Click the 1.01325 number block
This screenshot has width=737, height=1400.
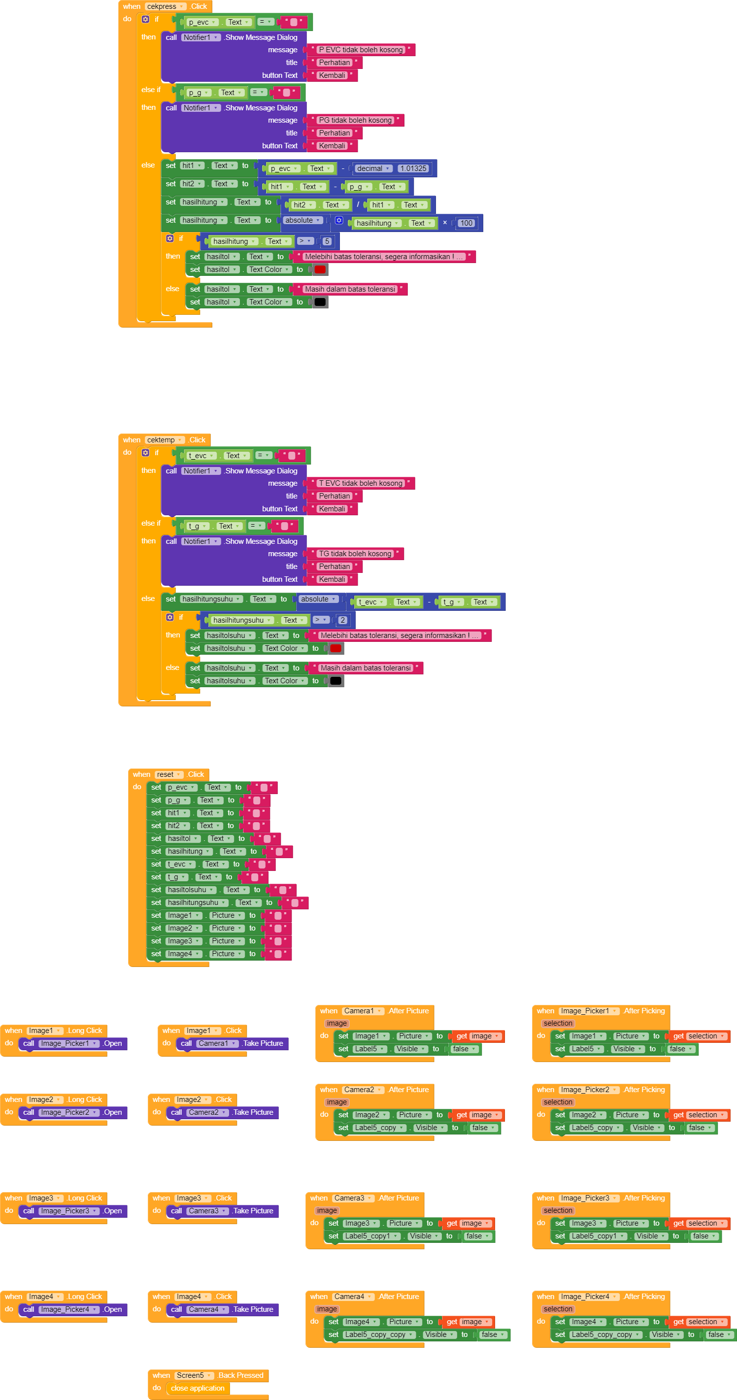[x=413, y=168]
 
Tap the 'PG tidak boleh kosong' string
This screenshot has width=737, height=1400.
[x=356, y=120]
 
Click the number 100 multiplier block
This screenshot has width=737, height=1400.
[x=466, y=223]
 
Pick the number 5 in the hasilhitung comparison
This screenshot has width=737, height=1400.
[x=327, y=241]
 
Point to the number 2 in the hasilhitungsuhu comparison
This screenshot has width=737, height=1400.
[x=342, y=620]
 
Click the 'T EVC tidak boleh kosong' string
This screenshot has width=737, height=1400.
[x=361, y=483]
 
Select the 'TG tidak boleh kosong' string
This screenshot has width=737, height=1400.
[x=356, y=554]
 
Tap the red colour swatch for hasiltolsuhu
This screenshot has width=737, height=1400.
[x=336, y=648]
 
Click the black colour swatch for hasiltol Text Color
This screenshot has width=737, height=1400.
[x=320, y=302]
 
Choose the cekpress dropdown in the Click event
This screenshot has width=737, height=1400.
[x=165, y=6]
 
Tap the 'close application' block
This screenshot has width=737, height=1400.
[x=198, y=1388]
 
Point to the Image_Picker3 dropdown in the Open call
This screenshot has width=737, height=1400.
[x=69, y=1211]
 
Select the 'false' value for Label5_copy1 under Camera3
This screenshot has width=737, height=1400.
[x=478, y=1236]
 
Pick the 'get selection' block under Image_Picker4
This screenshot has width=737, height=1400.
[x=699, y=1322]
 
